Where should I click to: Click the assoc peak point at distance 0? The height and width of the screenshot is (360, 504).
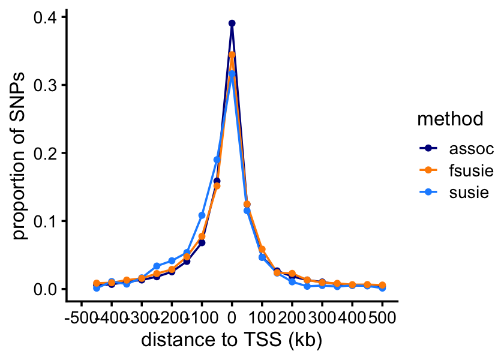tap(232, 23)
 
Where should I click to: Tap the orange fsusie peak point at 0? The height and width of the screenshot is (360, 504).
tap(232, 55)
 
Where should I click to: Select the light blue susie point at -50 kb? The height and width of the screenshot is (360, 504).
tap(217, 160)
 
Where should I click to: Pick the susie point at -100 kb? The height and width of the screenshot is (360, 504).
tap(202, 215)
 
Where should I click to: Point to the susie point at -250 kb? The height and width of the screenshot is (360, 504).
tap(157, 266)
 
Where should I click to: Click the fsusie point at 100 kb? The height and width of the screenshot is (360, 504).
tap(262, 249)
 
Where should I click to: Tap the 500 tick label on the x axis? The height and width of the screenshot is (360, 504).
tap(382, 316)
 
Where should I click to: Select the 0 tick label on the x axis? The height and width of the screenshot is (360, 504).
tap(232, 316)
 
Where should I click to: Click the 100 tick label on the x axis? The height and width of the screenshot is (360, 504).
tap(262, 316)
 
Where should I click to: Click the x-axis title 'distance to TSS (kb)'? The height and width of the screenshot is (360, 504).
tap(232, 340)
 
